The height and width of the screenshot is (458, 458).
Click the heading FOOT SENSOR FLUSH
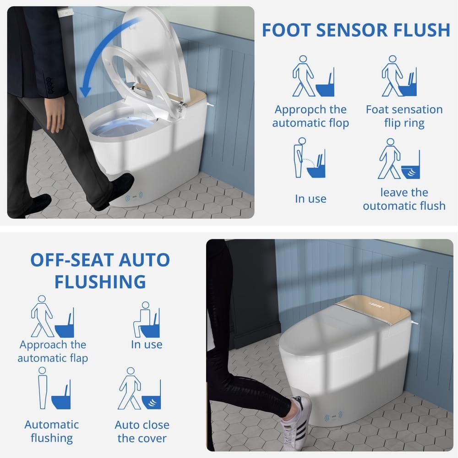(x=356, y=30)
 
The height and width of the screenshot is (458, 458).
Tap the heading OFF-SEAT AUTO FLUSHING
(x=100, y=271)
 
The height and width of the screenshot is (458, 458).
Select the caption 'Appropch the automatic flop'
(x=311, y=116)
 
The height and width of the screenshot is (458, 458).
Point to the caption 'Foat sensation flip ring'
(x=404, y=116)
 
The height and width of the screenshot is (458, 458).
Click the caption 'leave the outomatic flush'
(x=404, y=199)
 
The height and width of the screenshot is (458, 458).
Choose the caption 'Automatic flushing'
(x=52, y=431)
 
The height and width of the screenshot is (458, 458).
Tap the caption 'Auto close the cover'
(x=142, y=431)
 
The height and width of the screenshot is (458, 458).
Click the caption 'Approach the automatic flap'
(x=53, y=351)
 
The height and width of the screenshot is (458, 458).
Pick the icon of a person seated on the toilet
(x=147, y=319)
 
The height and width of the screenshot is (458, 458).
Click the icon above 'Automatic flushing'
(x=55, y=388)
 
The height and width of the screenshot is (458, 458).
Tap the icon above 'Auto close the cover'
(x=140, y=388)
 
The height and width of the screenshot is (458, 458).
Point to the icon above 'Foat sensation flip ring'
(x=399, y=76)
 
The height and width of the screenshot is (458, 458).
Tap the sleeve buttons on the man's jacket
(x=50, y=86)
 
